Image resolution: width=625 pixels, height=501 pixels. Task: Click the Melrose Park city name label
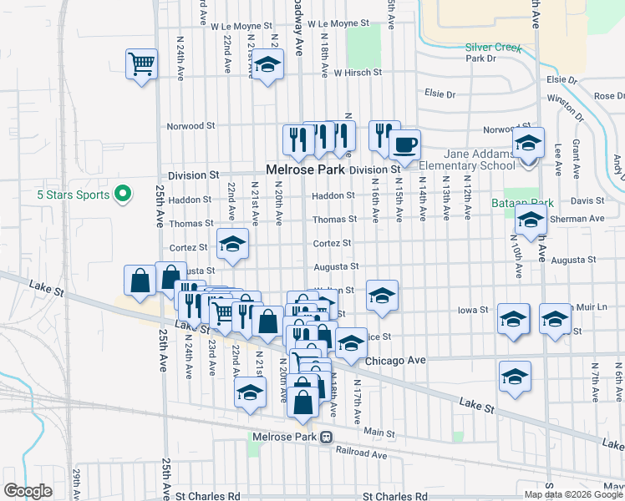coord(305,170)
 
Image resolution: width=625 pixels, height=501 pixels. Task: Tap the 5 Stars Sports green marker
coord(122,195)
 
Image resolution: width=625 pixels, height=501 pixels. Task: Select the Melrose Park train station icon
coord(327,437)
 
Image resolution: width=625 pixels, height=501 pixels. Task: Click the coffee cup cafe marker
coord(404,144)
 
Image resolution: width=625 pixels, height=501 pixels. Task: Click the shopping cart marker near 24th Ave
coord(141,63)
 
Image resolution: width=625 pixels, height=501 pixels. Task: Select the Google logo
coord(28,491)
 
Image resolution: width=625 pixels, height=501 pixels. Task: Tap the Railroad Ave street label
coord(362,455)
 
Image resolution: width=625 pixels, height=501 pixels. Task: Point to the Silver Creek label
coord(493,48)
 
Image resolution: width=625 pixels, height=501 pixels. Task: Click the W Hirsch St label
coord(358,73)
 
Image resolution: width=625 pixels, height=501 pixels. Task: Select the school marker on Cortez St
coord(233,244)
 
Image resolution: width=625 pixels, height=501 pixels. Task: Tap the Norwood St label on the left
coord(191,126)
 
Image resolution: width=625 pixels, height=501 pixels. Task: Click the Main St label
coord(379,432)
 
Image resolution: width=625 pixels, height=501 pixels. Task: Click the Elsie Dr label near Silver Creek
coord(440,94)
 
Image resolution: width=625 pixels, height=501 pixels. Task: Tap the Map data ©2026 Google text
coord(573,494)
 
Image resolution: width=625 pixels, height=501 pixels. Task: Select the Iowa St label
coord(473,310)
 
